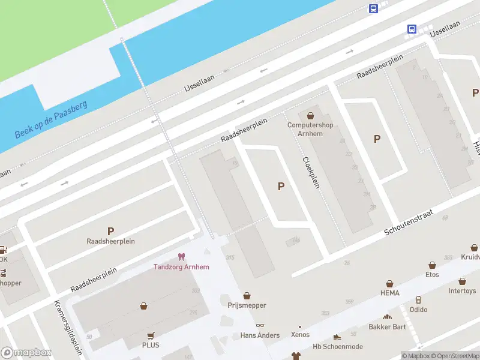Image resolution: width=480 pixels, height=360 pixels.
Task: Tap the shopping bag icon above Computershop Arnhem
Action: [x=310, y=116]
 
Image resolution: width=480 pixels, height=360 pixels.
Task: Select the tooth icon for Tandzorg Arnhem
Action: [x=182, y=257]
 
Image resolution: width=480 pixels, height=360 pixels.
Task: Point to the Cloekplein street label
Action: [x=310, y=173]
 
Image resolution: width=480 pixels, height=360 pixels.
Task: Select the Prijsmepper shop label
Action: [x=247, y=305]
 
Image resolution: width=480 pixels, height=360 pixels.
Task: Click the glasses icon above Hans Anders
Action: [x=260, y=326]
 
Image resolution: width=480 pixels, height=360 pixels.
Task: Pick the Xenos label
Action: [x=300, y=335]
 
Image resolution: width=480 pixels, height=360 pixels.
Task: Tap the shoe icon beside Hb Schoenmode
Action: [x=337, y=337]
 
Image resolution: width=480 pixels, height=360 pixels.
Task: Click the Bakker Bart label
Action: [x=387, y=327]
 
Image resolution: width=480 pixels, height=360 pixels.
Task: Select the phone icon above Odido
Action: [x=418, y=300]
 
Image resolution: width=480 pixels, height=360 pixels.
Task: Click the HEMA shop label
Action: [x=389, y=293]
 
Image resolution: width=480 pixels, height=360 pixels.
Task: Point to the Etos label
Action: [x=432, y=275]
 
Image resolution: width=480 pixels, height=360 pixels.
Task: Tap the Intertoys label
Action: [x=462, y=291]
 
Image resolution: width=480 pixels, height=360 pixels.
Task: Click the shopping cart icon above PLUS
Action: [x=151, y=336]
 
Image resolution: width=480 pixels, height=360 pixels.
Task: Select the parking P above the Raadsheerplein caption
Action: [x=110, y=231]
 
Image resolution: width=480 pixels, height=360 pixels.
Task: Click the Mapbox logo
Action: [x=26, y=353]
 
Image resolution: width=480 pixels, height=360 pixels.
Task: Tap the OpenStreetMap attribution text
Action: [x=454, y=356]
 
